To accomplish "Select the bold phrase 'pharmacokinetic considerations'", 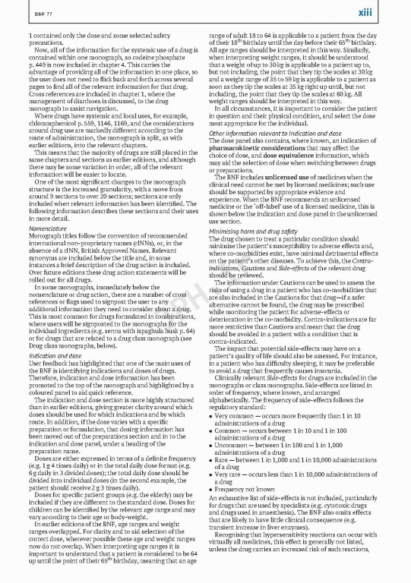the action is [258, 147].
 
